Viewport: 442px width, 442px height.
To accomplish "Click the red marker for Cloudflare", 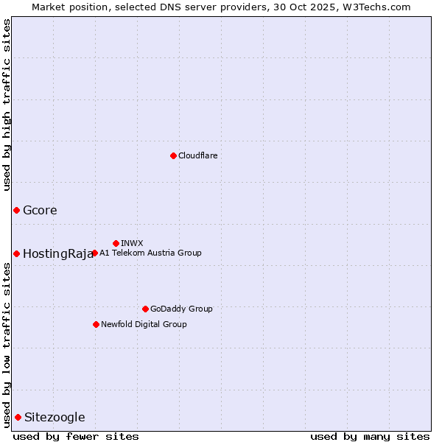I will [x=173, y=155].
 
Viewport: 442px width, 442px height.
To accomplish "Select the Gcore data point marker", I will [x=16, y=210].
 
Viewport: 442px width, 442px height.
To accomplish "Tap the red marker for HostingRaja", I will [x=16, y=253].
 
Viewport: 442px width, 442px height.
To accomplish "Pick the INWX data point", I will [x=116, y=243].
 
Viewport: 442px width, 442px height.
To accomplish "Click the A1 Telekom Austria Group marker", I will [x=94, y=253].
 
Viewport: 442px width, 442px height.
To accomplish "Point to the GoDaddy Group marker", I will [x=145, y=309].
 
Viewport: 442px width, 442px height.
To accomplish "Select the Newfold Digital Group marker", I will [x=96, y=324].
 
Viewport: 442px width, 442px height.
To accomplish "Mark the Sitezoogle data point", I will [x=18, y=417].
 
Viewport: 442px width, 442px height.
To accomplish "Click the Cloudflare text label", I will [x=197, y=155].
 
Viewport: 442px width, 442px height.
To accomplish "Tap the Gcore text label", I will [x=40, y=210].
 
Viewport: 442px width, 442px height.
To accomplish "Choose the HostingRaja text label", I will [x=58, y=254].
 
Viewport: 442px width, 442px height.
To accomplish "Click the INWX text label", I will [x=132, y=243].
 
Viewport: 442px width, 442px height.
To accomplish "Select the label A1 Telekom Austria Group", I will [x=150, y=253].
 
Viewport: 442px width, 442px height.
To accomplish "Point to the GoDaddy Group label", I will [x=181, y=309].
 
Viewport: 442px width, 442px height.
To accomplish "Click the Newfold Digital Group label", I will [x=144, y=324].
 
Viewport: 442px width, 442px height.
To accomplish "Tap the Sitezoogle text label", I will [x=55, y=418].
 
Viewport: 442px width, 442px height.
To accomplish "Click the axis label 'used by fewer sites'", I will [x=76, y=436].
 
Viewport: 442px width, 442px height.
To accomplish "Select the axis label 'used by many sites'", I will [x=370, y=436].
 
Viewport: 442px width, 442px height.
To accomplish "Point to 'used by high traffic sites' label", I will [x=7, y=105].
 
